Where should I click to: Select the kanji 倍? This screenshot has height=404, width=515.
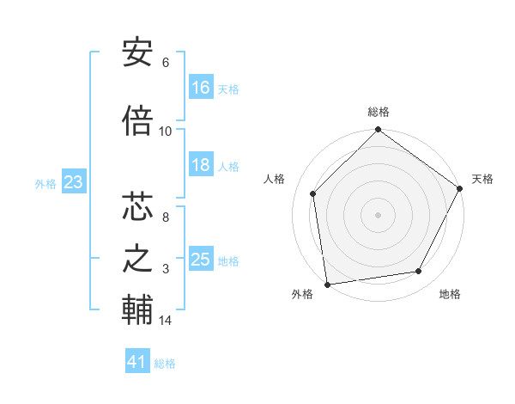[x=137, y=121]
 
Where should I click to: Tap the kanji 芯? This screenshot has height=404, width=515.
[x=137, y=207]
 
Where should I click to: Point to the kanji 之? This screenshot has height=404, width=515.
[x=137, y=259]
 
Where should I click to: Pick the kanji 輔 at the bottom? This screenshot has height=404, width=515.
[x=137, y=310]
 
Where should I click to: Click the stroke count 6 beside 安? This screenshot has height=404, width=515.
[x=166, y=63]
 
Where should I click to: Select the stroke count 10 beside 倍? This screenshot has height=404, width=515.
[x=166, y=132]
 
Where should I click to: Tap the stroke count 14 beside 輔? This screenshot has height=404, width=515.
[x=166, y=321]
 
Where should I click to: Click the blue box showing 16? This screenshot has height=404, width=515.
[x=201, y=88]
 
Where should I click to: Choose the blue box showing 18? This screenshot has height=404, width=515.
[x=201, y=165]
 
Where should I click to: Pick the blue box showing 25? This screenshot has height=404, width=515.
[x=201, y=260]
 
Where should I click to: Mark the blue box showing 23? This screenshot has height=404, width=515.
[x=74, y=182]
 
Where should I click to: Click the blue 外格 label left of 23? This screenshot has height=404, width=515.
[x=45, y=183]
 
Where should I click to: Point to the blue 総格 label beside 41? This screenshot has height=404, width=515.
[x=165, y=364]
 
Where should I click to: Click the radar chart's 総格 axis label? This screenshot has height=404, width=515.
[x=379, y=112]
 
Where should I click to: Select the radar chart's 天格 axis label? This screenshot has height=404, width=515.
[x=482, y=179]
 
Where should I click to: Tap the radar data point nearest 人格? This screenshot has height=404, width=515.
[x=313, y=193]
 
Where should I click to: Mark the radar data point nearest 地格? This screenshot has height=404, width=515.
[x=419, y=272]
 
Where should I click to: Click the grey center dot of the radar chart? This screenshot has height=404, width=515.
[x=378, y=214]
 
